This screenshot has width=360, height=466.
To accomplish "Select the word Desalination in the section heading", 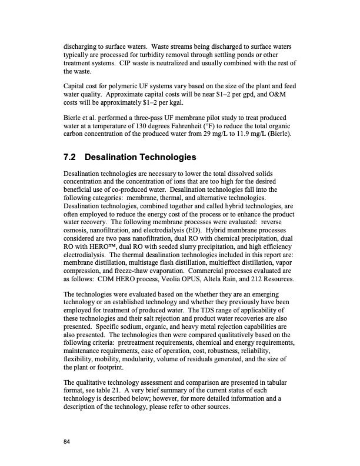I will [x=112, y=158].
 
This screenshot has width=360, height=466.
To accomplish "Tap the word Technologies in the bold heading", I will [x=166, y=158].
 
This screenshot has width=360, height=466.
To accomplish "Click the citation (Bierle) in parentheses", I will [x=283, y=142].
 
